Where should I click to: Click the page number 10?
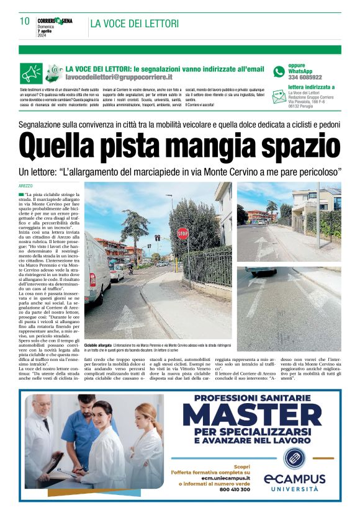coord(25,21)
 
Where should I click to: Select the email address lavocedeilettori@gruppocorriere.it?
coord(119,78)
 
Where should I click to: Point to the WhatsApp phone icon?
coord(279,72)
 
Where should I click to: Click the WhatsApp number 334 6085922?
coord(305,78)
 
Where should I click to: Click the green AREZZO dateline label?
coord(27,186)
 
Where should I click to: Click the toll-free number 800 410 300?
coord(235,489)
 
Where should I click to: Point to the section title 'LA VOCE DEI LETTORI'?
coord(135,24)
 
